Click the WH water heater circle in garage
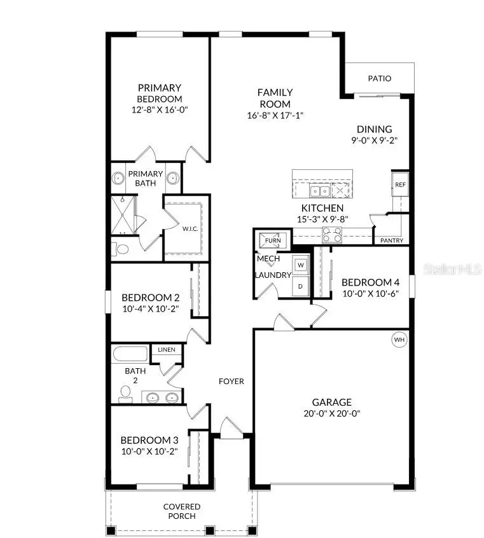click(399, 340)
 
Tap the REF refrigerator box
click(400, 184)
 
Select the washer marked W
click(301, 265)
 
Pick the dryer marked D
click(301, 286)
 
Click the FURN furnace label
click(272, 241)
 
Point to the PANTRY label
click(392, 241)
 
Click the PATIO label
click(380, 79)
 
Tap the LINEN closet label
click(167, 350)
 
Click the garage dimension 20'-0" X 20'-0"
click(331, 413)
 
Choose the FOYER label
click(232, 382)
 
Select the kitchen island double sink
click(319, 190)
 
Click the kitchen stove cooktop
click(333, 237)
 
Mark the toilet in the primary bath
click(121, 249)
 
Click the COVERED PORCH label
click(182, 511)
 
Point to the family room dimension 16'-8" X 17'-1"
click(275, 116)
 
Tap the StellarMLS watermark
click(452, 270)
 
